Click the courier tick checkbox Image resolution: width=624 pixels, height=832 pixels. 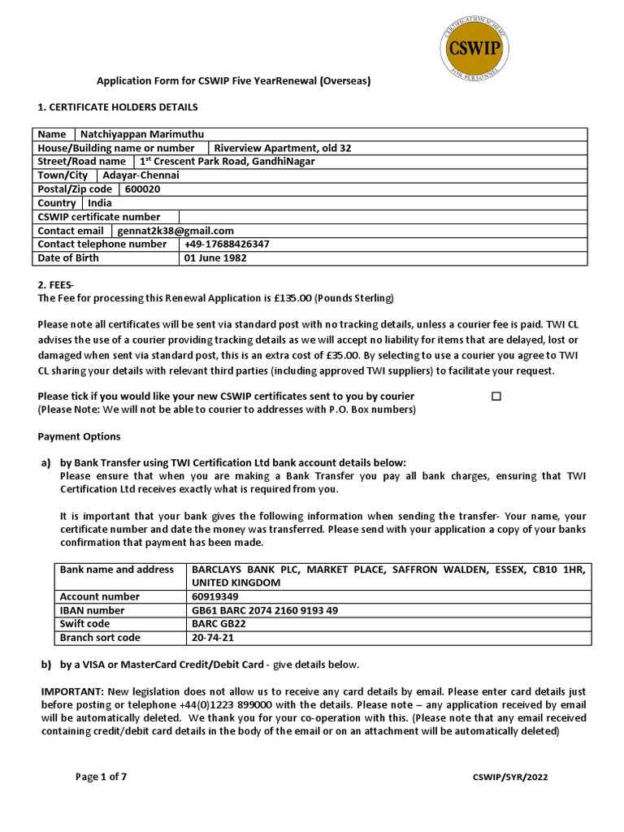click(496, 396)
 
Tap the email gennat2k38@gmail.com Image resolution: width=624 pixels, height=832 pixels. click(175, 231)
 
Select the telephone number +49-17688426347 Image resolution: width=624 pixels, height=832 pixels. click(227, 245)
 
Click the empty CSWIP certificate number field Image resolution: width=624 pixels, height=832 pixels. click(382, 217)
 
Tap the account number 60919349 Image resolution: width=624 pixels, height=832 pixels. click(216, 596)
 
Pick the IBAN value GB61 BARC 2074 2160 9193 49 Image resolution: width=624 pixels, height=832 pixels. click(265, 610)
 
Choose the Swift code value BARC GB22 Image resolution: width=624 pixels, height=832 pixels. click(219, 624)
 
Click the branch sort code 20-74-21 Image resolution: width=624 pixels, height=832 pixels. click(213, 638)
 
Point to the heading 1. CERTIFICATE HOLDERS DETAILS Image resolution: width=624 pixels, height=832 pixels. click(118, 107)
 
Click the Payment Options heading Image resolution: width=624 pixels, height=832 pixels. click(79, 436)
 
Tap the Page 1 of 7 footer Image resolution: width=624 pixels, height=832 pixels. click(101, 777)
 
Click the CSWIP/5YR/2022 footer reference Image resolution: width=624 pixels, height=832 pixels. click(509, 778)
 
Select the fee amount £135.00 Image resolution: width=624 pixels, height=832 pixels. click(292, 298)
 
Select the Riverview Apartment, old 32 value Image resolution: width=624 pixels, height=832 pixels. click(282, 148)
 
